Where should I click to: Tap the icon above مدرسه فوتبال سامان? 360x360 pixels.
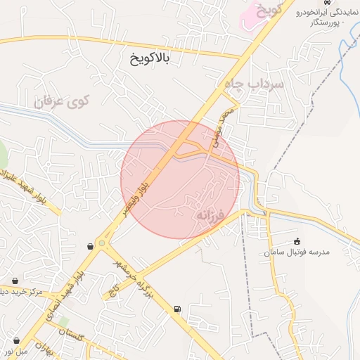point(297,241)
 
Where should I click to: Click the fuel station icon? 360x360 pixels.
point(176,309)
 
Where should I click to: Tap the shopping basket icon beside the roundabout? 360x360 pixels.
point(91,246)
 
